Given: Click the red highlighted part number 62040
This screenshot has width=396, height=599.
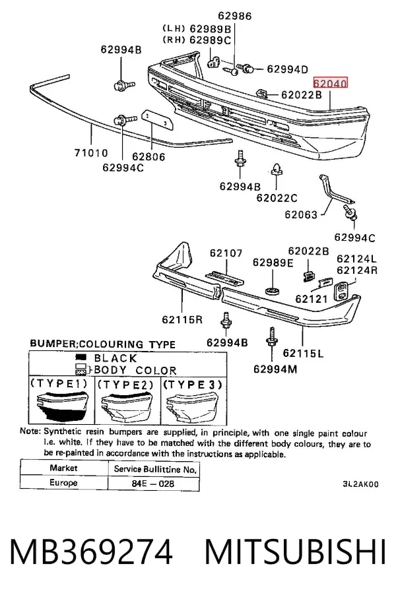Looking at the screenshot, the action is (x=330, y=83).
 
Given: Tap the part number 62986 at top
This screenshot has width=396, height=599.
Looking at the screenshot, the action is (x=235, y=16).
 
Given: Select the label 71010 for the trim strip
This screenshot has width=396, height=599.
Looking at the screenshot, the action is (x=91, y=153).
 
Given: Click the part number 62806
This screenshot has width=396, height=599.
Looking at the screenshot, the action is (x=148, y=156).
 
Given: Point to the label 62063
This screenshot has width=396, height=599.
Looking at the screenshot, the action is (x=301, y=214).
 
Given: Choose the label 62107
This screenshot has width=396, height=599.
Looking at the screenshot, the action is (x=226, y=253).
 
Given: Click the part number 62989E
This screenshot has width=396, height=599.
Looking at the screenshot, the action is (x=273, y=263).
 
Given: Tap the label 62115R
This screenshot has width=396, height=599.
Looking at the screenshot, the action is (x=182, y=319).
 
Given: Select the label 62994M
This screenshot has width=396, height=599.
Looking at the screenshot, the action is (x=275, y=369).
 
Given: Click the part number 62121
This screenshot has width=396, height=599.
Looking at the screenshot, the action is (x=312, y=299).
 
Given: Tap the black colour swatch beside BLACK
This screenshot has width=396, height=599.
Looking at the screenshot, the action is (x=81, y=358).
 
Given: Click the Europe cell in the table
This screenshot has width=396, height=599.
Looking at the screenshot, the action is (x=63, y=482).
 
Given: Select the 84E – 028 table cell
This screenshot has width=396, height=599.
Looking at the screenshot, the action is (x=153, y=484).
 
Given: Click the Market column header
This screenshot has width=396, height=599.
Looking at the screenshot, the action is (x=63, y=468).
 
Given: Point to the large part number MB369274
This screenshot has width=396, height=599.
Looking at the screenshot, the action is (x=91, y=552).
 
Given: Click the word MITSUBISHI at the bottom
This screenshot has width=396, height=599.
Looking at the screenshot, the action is (x=295, y=552).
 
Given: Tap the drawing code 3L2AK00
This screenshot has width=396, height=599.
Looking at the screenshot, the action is (x=360, y=484).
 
